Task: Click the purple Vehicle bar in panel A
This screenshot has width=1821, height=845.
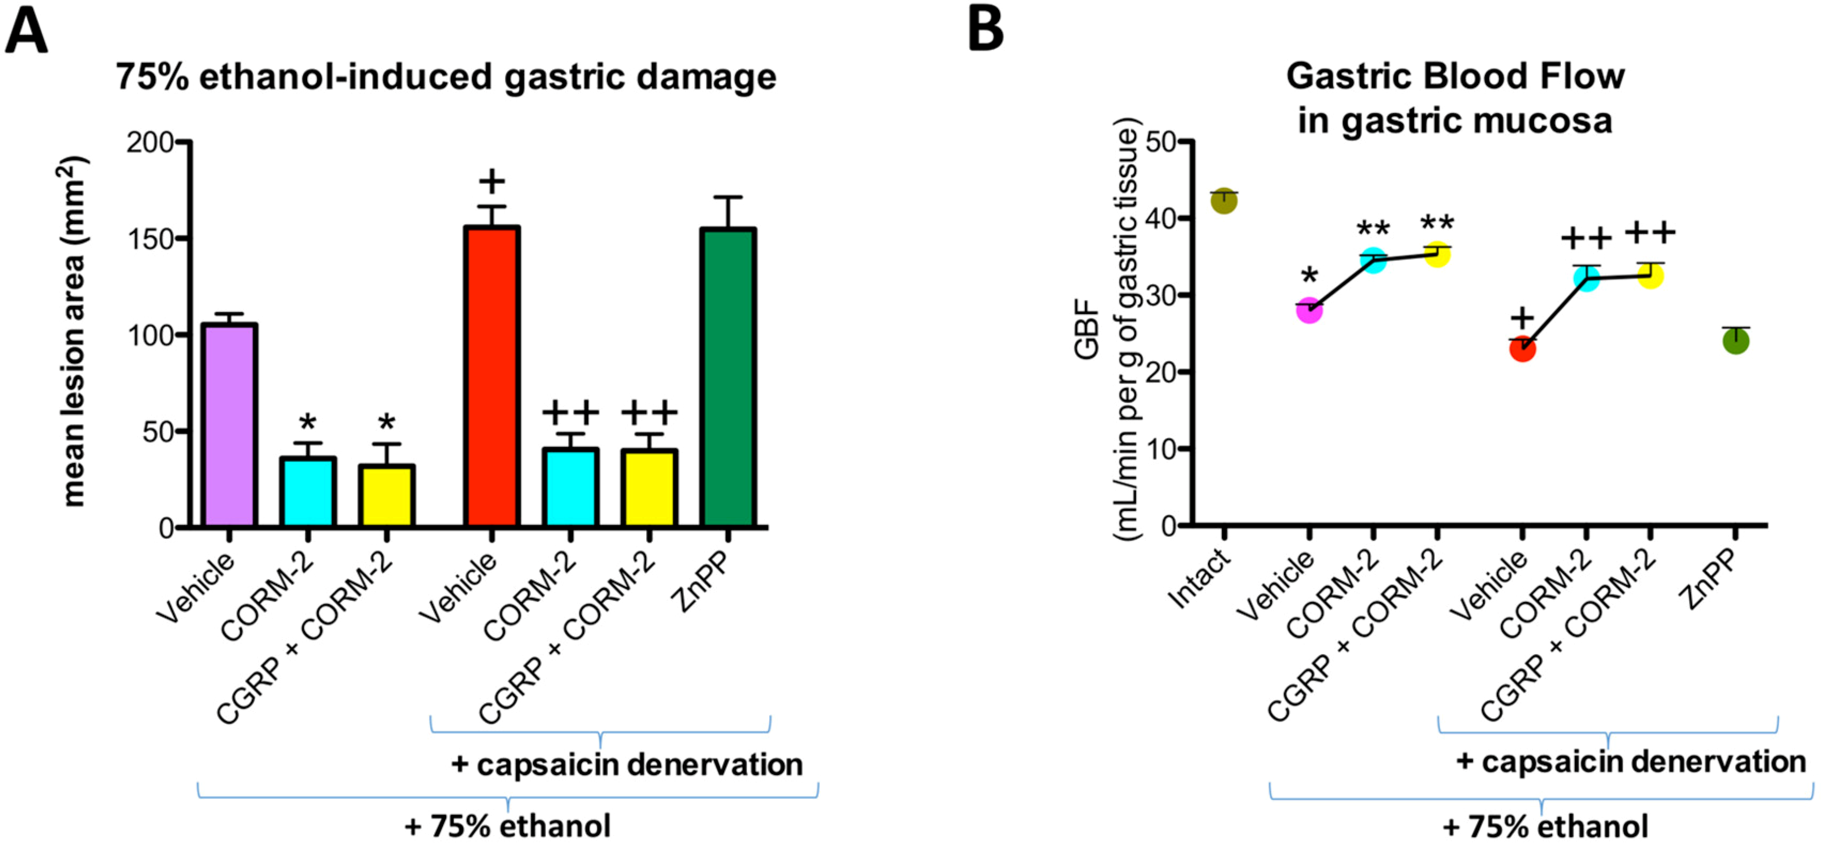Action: tap(229, 424)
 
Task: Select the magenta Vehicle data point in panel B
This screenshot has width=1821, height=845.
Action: tap(1309, 310)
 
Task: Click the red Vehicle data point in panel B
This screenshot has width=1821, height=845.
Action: tap(1522, 349)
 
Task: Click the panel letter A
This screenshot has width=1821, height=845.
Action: tap(26, 32)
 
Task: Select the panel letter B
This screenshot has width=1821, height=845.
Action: tap(986, 30)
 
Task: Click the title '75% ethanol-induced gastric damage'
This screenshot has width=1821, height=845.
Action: tap(446, 76)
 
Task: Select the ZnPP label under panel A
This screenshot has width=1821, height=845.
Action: tap(701, 581)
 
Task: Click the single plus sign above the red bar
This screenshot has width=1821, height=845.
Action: tap(492, 182)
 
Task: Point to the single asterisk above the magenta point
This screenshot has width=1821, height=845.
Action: tap(1309, 276)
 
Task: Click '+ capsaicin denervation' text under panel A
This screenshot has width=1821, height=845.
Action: tap(626, 764)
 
